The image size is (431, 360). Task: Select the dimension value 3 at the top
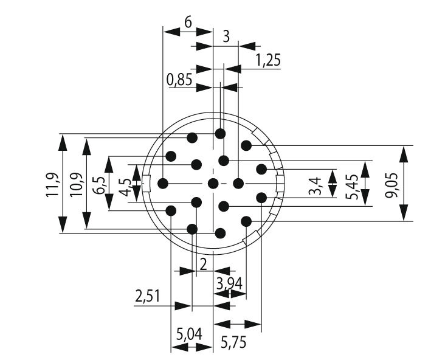click(x=226, y=36)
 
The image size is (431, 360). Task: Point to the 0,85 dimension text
click(x=180, y=79)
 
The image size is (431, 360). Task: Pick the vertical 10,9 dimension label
click(x=75, y=184)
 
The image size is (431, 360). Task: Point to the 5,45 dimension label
click(x=351, y=182)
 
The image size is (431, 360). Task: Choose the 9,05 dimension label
click(x=390, y=183)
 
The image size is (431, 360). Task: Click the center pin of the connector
click(x=213, y=183)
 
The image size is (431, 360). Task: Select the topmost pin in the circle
click(x=220, y=133)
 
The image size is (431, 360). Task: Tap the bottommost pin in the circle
click(x=220, y=233)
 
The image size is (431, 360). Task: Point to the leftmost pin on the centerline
click(x=163, y=183)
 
